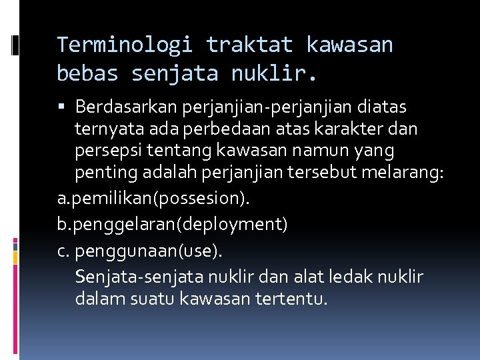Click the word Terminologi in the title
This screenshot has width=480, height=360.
point(125,45)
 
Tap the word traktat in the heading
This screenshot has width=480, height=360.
point(249,45)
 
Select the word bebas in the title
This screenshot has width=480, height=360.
point(87,73)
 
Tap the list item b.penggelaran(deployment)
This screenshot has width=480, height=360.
point(172,225)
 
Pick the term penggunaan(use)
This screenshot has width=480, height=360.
point(150,251)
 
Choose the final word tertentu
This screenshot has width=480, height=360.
point(291,299)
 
